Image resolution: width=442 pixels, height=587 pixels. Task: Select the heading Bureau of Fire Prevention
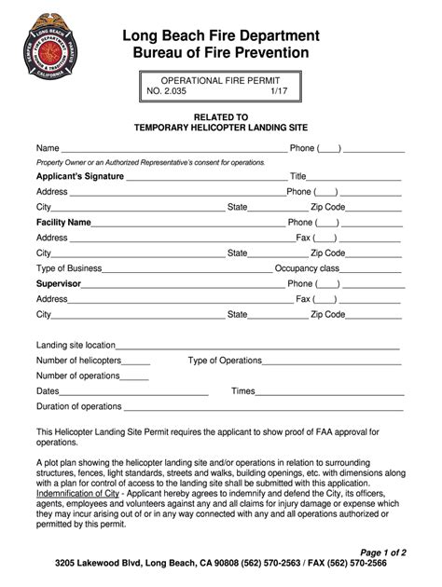pos(221,53)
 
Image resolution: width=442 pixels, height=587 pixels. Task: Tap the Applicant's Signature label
pos(79,176)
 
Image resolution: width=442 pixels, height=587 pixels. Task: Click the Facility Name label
pos(63,223)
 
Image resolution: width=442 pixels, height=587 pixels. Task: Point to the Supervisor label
pos(59,283)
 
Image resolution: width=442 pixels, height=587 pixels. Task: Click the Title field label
pos(298,176)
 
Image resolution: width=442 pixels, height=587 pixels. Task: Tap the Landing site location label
pos(76,345)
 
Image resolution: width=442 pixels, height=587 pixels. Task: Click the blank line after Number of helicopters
pos(136,361)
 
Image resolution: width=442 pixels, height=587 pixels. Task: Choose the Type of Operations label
pos(225,361)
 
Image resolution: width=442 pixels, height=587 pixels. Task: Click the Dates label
pos(48,391)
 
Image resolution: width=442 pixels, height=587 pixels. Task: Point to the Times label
pos(243,391)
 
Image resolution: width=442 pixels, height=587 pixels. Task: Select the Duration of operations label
pos(79,406)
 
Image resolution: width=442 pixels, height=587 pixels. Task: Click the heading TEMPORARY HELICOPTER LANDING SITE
pos(220,127)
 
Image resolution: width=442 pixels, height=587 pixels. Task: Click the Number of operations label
pos(78,375)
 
